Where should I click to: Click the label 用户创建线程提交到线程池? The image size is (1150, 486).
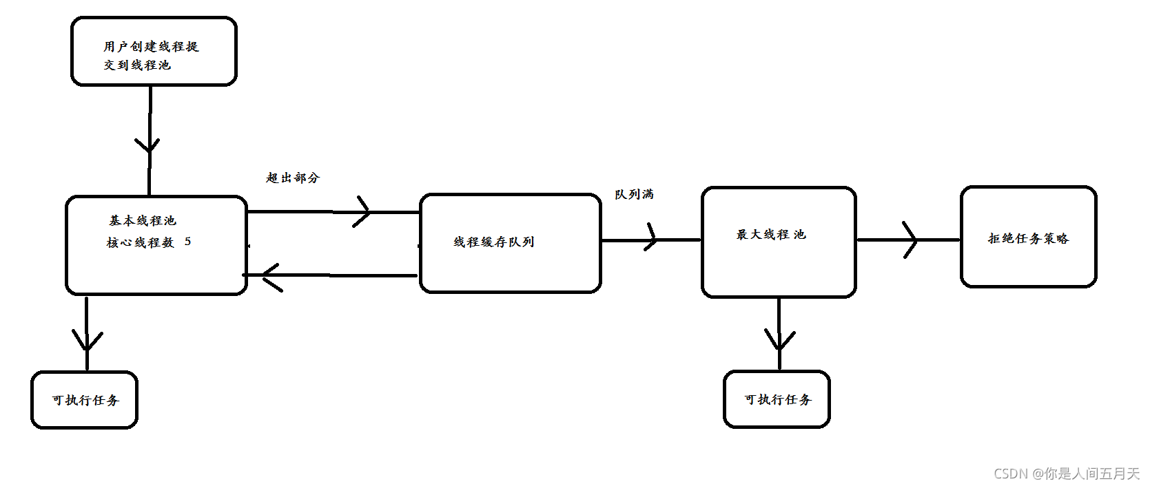click(x=150, y=56)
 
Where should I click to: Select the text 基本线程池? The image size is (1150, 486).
click(x=143, y=220)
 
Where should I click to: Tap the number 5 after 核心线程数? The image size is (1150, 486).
click(x=187, y=242)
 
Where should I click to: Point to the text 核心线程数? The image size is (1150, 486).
click(x=141, y=242)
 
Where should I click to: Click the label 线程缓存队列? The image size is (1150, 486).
click(x=493, y=242)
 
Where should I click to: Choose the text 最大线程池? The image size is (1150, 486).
click(x=770, y=235)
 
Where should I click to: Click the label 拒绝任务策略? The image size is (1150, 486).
click(x=1028, y=238)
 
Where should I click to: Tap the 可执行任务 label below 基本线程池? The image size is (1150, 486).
click(x=85, y=400)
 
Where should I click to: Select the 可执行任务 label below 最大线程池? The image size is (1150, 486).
click(x=778, y=399)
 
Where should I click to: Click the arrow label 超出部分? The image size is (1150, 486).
click(x=293, y=178)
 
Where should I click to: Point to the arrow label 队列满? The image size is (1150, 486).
click(x=634, y=194)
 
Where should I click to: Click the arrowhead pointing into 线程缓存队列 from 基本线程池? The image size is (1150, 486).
click(x=363, y=211)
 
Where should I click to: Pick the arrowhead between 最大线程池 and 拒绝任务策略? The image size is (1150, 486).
click(x=911, y=240)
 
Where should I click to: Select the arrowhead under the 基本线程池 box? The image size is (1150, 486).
click(x=88, y=340)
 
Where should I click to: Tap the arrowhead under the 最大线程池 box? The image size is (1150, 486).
click(x=779, y=339)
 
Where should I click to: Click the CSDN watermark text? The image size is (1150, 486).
click(x=1066, y=474)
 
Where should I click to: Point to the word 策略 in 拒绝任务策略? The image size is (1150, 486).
click(x=1056, y=238)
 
